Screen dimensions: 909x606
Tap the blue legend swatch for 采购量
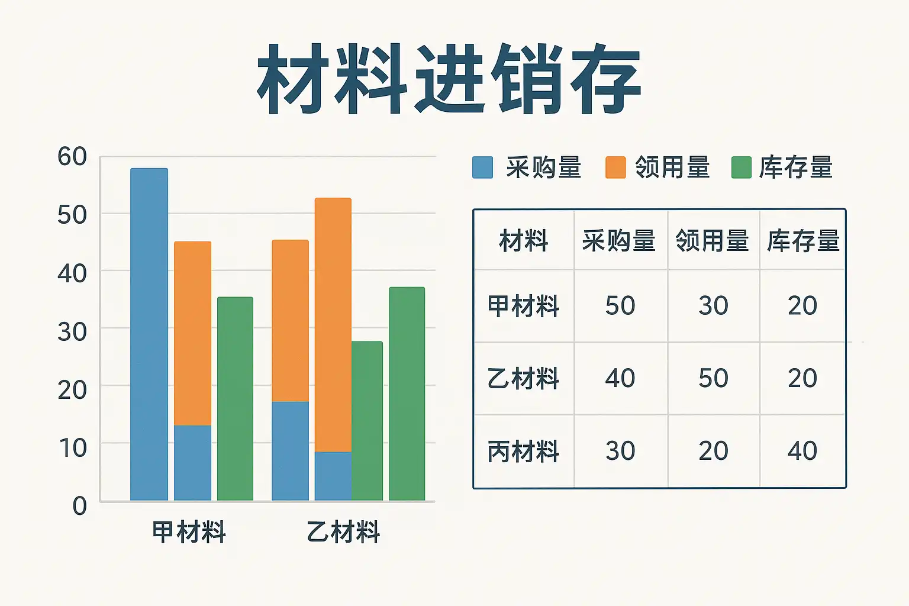pyautogui.click(x=482, y=167)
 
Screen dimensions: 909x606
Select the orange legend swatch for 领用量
pyautogui.click(x=615, y=167)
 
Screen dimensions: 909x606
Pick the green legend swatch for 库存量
pyautogui.click(x=741, y=167)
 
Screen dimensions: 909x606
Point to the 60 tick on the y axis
pyautogui.click(x=72, y=156)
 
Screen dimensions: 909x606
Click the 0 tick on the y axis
pyautogui.click(x=79, y=506)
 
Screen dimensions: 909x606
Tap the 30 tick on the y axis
pyautogui.click(x=72, y=332)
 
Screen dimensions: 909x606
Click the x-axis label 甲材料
pyautogui.click(x=189, y=531)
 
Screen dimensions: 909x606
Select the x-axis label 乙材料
pyautogui.click(x=343, y=531)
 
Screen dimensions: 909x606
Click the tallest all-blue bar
pyautogui.click(x=149, y=334)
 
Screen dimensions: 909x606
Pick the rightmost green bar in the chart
pyautogui.click(x=407, y=394)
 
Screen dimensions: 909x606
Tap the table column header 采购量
pyautogui.click(x=619, y=241)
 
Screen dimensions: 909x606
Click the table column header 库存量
pyautogui.click(x=803, y=241)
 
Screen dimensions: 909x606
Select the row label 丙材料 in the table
pyautogui.click(x=523, y=451)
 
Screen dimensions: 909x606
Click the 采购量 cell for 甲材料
pyautogui.click(x=620, y=305)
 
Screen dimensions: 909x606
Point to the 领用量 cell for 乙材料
pyautogui.click(x=713, y=378)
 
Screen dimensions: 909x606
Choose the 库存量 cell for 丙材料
pyautogui.click(x=802, y=450)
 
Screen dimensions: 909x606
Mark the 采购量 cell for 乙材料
pyautogui.click(x=620, y=378)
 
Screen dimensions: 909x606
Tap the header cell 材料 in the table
pyautogui.click(x=524, y=241)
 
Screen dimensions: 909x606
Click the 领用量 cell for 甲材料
pyautogui.click(x=713, y=305)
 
